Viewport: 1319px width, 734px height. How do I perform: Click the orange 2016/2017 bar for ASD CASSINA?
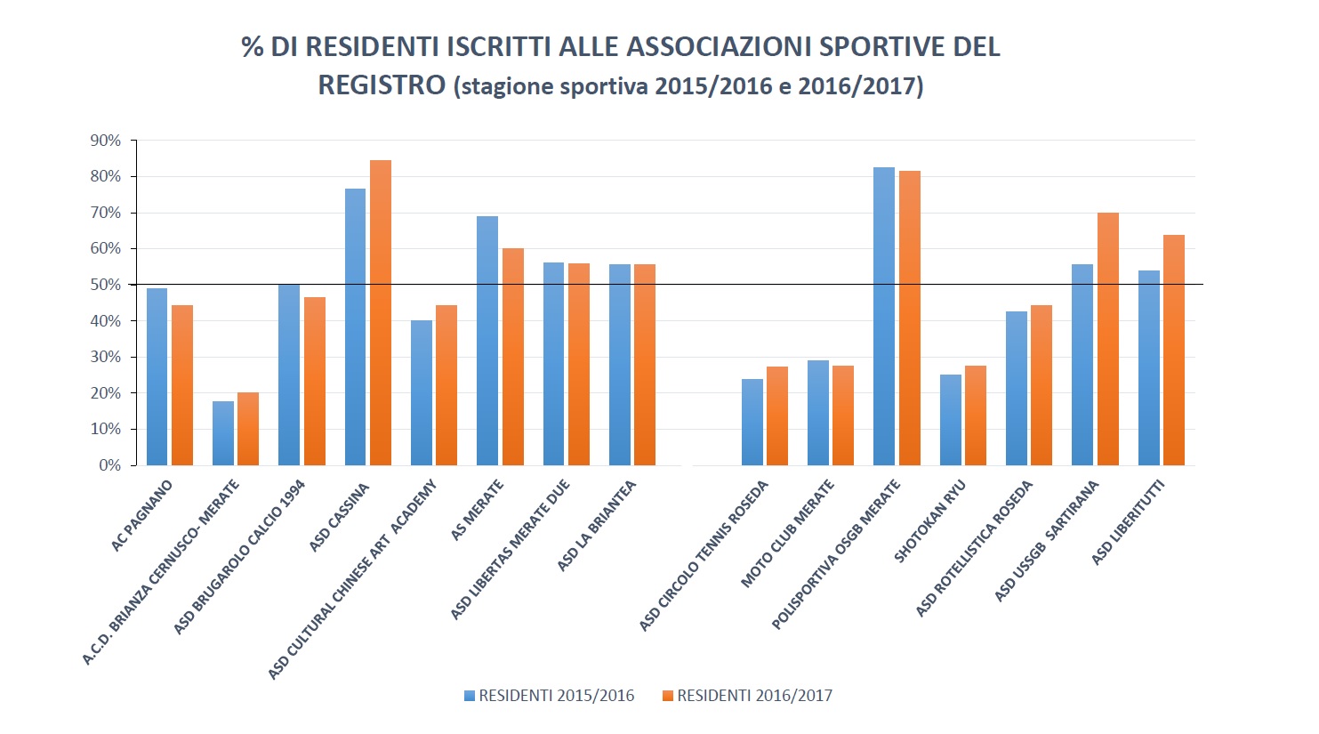pos(381,312)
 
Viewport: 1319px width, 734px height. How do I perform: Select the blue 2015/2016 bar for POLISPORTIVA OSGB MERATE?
pos(884,316)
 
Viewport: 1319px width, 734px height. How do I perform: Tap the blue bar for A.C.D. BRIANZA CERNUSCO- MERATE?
pos(223,433)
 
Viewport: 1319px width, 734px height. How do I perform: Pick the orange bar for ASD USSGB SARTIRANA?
pos(1107,339)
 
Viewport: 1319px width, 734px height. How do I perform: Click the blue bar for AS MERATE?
pos(487,341)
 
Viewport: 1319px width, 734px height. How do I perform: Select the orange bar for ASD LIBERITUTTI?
pos(1174,350)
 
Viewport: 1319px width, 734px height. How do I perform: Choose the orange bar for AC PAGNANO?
pos(182,385)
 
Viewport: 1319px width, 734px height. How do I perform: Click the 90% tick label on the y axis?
pos(105,141)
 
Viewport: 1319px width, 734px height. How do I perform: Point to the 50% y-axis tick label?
pos(105,285)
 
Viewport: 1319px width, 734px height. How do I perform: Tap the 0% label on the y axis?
pos(109,465)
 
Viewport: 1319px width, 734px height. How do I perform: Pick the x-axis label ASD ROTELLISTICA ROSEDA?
pos(976,548)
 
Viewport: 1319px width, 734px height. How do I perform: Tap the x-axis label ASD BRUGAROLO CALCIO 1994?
pos(240,557)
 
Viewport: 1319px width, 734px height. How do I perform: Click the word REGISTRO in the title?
pos(382,85)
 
